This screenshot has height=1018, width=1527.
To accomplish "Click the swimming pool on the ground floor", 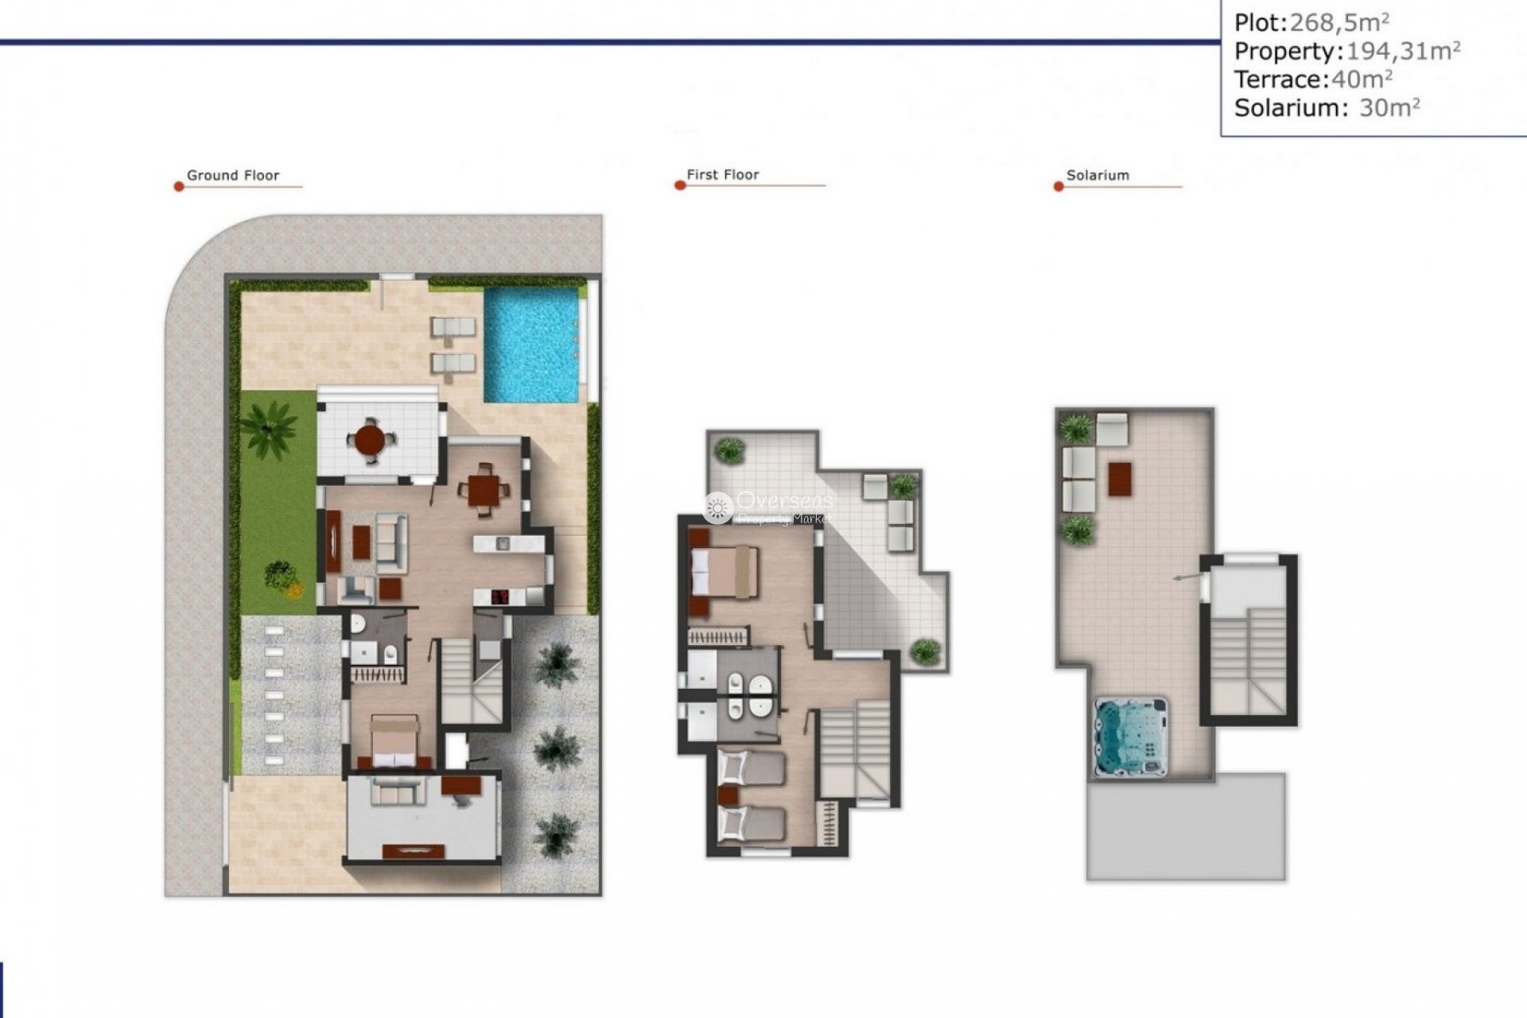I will click(x=532, y=344).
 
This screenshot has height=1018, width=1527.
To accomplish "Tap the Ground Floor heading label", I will click(x=232, y=176).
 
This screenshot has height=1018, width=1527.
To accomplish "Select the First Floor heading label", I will click(x=722, y=175).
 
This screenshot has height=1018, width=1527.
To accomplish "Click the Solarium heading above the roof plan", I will click(x=1097, y=176).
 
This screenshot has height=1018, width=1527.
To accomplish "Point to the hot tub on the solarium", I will click(x=1131, y=737).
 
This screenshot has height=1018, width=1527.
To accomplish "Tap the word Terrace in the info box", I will click(x=1278, y=80).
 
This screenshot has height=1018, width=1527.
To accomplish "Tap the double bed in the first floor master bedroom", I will click(x=725, y=572).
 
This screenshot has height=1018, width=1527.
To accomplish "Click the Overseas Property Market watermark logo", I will click(x=767, y=507).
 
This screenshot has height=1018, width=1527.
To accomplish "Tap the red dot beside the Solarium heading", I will click(x=1059, y=187).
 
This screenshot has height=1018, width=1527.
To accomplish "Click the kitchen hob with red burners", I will click(x=501, y=596).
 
